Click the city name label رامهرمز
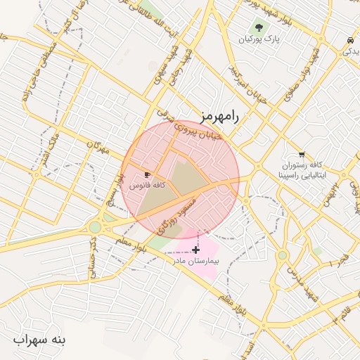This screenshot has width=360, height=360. [x=219, y=117]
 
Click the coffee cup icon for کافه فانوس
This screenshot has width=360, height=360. [x=147, y=174]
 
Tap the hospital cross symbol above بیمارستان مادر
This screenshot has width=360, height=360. [x=195, y=249]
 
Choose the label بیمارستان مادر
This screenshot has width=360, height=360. [x=197, y=260]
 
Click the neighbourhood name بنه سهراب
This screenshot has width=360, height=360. [x=40, y=340]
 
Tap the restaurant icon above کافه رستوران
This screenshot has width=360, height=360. [x=302, y=154]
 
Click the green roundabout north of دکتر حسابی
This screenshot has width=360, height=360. [x=95, y=227]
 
